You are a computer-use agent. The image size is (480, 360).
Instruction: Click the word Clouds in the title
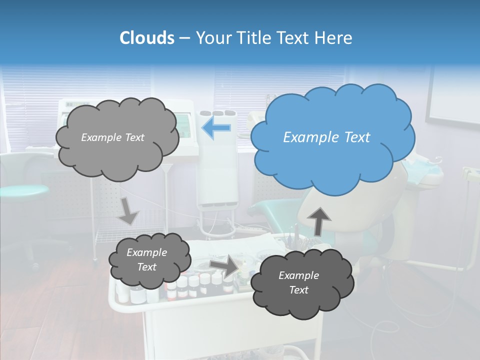tap(147, 38)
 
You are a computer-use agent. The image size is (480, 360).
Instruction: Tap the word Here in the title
tap(334, 38)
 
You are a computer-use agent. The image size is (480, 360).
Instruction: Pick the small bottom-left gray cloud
tap(149, 261)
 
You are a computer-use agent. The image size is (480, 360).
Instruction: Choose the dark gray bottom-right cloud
tap(302, 283)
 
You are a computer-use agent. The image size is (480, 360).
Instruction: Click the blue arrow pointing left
tap(216, 128)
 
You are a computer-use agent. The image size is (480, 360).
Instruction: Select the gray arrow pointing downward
tap(128, 211)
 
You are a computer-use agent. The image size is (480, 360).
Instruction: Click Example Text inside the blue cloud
tap(326, 137)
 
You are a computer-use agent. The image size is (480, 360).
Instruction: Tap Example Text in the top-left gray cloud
tap(112, 137)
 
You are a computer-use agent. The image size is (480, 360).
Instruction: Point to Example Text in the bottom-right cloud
tap(298, 282)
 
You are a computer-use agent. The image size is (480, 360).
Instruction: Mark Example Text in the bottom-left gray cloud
tap(146, 260)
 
